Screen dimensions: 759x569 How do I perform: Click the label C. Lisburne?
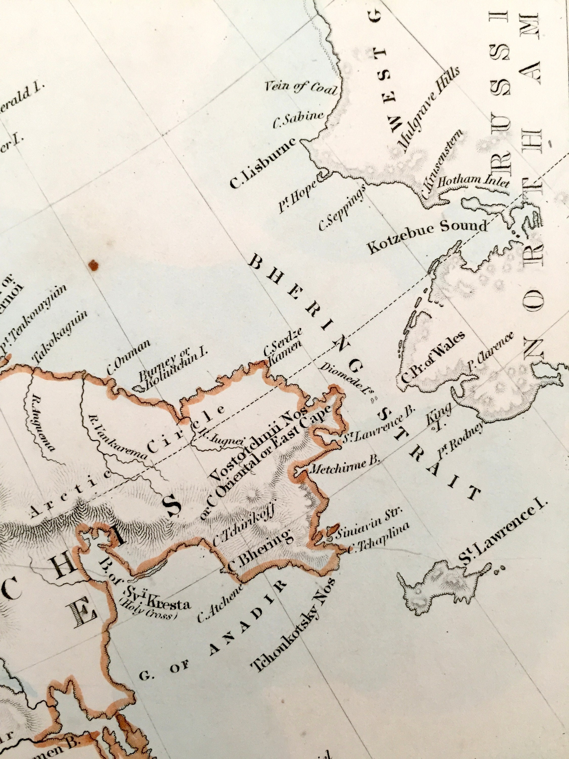[262, 164]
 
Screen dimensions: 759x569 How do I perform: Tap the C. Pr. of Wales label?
[433, 357]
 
